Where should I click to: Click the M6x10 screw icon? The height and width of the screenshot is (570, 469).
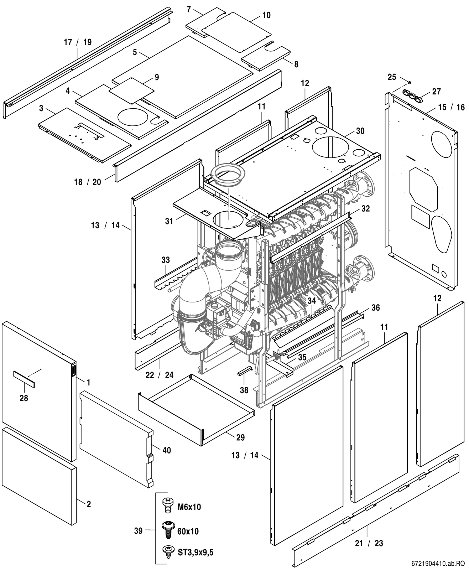point(168,506)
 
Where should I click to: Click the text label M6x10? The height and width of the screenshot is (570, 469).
point(189,507)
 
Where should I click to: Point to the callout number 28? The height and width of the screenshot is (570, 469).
point(24,398)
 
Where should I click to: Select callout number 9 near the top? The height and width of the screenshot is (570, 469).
point(157,77)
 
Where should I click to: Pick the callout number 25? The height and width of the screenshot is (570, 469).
point(392,77)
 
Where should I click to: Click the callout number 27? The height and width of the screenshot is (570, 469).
point(437,91)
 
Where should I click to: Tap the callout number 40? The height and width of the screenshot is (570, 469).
point(167,450)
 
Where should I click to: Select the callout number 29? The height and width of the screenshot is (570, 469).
point(240,437)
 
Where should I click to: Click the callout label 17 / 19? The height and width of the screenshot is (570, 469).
point(78,42)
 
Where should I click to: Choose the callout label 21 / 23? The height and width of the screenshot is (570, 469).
point(369,543)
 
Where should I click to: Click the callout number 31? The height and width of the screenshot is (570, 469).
point(169,221)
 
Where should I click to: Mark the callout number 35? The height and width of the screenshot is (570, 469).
point(302,357)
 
